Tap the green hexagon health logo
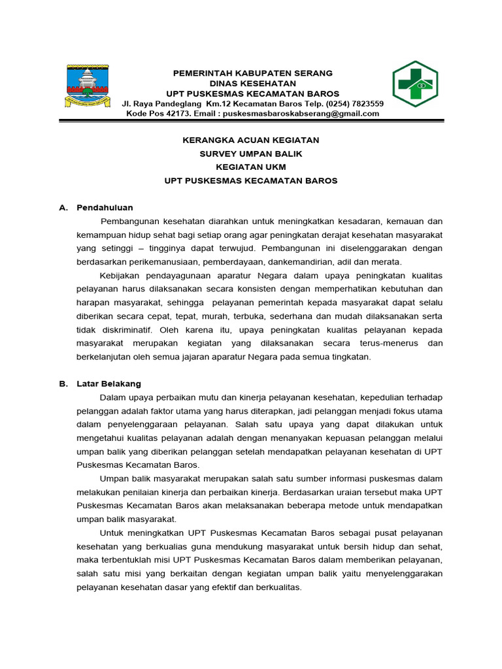click(414, 84)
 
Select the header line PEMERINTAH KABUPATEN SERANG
click(252, 73)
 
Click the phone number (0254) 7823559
click(354, 104)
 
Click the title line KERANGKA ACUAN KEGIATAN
click(250, 140)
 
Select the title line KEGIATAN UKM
click(250, 167)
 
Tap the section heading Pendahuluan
click(105, 208)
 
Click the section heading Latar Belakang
click(109, 384)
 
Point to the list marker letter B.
click(63, 384)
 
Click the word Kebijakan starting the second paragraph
click(120, 276)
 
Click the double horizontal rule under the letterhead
click(250, 122)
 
